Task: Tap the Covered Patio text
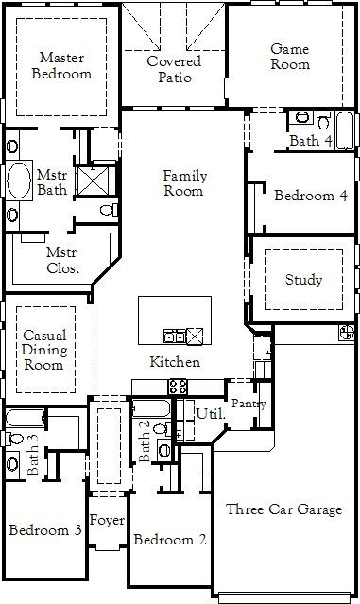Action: [x=174, y=69]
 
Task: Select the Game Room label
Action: [x=290, y=56]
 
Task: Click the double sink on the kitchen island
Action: [x=175, y=335]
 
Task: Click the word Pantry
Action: [x=249, y=404]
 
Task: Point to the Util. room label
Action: [x=209, y=413]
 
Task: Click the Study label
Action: [x=303, y=280]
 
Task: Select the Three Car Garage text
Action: [x=283, y=509]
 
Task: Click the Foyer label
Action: [x=107, y=519]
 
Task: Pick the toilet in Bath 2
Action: [x=163, y=449]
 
